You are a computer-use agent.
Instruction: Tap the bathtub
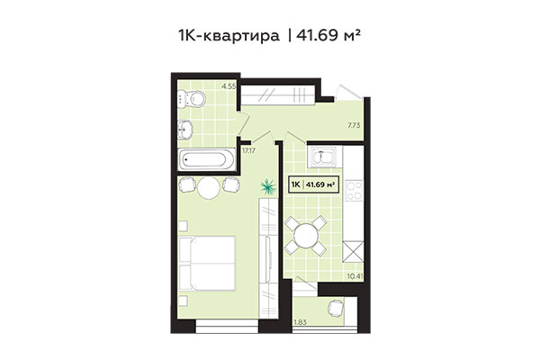click(x=206, y=160)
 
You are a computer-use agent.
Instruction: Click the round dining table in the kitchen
click(x=307, y=238)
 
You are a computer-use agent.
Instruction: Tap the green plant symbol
click(x=266, y=187)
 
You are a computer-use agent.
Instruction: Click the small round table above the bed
click(x=208, y=187)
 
